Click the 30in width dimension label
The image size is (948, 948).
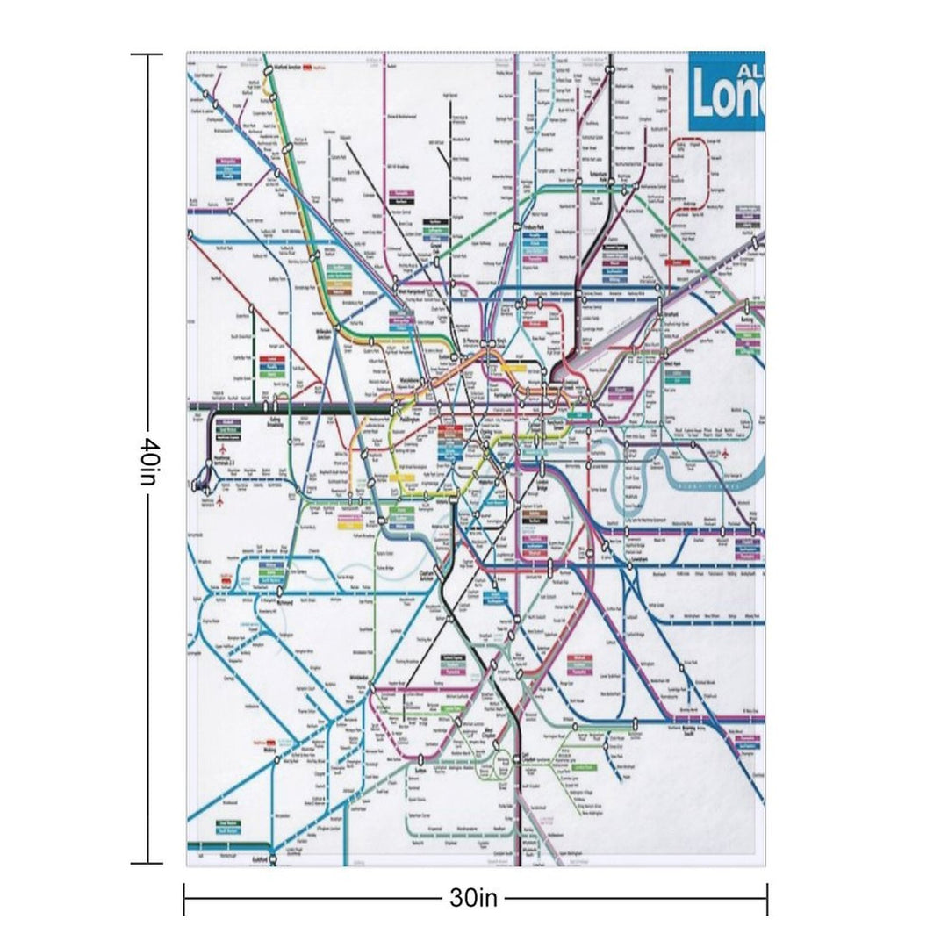click(474, 898)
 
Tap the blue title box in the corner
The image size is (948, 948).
click(727, 90)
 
